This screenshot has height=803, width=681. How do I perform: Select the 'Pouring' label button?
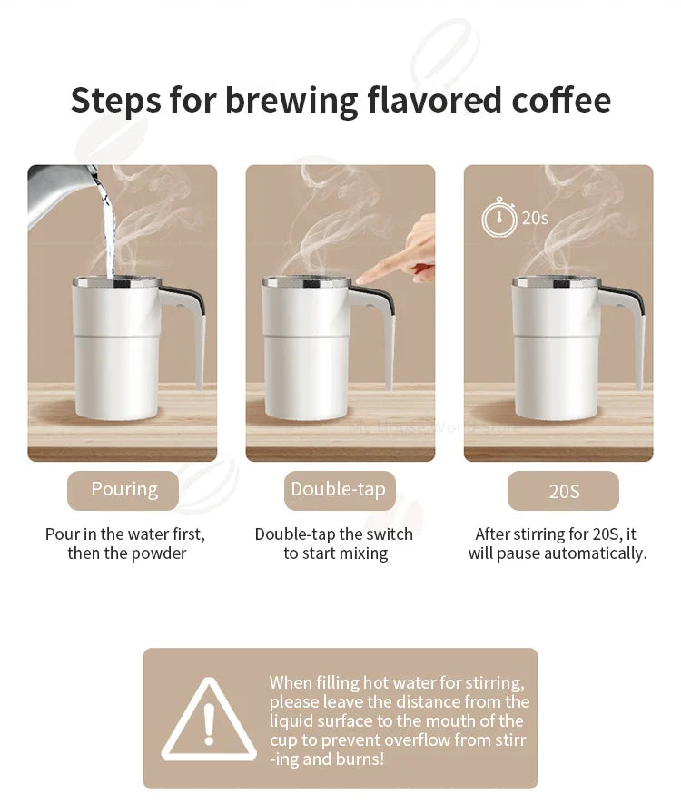[123, 490]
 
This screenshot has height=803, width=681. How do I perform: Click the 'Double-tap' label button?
[338, 490]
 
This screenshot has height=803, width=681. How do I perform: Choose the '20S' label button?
[563, 491]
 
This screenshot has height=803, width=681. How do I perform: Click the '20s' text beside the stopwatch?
[535, 219]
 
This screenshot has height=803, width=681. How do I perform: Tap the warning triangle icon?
[209, 721]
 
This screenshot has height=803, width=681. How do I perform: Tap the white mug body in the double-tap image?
[306, 354]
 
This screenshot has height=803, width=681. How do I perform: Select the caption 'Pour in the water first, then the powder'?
[126, 543]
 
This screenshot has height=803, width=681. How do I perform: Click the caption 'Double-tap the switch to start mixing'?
[334, 543]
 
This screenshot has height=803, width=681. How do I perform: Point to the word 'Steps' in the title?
[114, 100]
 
